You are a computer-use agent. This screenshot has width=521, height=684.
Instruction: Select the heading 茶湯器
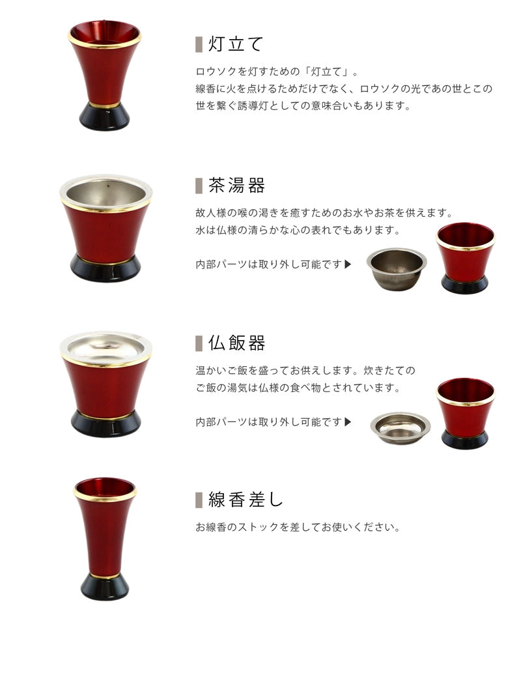236,186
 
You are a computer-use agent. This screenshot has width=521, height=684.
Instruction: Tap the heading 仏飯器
236,343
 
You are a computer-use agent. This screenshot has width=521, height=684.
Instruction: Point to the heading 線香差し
246,500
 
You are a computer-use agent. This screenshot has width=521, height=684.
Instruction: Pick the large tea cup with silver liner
106,228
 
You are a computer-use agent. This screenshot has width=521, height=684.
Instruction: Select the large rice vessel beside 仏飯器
106,384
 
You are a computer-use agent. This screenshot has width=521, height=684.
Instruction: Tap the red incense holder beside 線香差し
105,537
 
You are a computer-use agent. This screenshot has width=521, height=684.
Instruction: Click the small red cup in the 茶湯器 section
464,257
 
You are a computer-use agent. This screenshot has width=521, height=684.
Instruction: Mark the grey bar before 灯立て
199,44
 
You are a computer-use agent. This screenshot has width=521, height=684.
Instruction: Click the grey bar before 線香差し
199,500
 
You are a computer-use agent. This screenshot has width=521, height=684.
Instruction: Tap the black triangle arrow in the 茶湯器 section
348,264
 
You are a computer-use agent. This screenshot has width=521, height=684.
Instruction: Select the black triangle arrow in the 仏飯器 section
348,421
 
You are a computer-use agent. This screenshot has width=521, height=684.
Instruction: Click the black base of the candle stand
105,117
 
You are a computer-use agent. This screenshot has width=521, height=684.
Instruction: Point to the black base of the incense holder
105,586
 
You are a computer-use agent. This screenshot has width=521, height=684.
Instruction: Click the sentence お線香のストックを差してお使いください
298,527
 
